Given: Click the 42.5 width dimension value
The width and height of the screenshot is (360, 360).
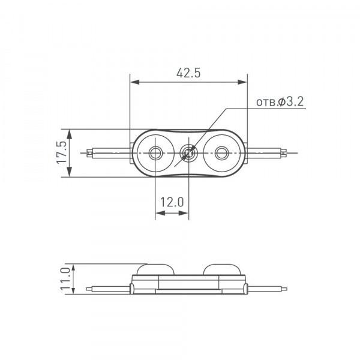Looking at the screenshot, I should (188, 73).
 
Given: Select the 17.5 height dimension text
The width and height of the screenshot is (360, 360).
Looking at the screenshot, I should (61, 153).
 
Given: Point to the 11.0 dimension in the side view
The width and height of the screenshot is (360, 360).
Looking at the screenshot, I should (65, 279).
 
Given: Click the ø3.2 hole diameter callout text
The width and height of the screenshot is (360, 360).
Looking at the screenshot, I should (280, 102).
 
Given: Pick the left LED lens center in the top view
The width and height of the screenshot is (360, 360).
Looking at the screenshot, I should (155, 152).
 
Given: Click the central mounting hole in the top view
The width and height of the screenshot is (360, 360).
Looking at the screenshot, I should (189, 152).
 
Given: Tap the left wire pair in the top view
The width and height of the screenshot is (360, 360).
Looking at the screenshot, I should (108, 152).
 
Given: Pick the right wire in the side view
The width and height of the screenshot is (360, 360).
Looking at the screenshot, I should (267, 289).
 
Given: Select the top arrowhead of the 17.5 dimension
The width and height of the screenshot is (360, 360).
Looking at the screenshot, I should (71, 133).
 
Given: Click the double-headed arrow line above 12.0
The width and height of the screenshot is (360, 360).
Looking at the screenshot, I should (172, 212).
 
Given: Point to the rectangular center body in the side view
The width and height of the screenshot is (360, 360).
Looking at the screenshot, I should (188, 283).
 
